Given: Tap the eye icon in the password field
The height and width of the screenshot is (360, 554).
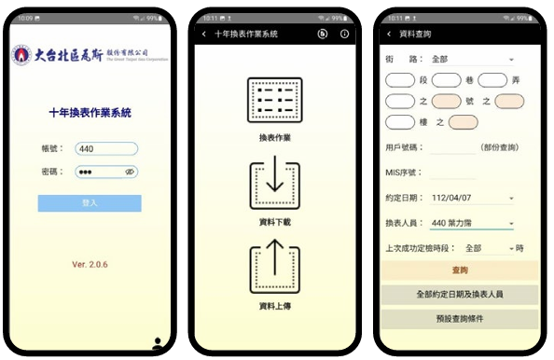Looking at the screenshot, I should pyautogui.click(x=131, y=172).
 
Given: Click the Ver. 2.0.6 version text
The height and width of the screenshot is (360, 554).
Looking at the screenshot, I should pyautogui.click(x=90, y=264).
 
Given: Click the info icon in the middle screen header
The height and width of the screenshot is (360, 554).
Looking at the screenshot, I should pyautogui.click(x=345, y=34).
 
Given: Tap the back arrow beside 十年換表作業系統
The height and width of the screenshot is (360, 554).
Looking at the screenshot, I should pyautogui.click(x=204, y=34).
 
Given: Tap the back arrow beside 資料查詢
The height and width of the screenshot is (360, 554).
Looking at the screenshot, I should pyautogui.click(x=389, y=35).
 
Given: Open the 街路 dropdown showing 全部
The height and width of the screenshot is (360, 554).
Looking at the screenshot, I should pyautogui.click(x=472, y=60).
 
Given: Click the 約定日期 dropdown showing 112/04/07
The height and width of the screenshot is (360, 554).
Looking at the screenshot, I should pyautogui.click(x=472, y=198).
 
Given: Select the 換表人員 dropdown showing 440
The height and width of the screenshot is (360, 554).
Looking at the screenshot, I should pyautogui.click(x=472, y=223).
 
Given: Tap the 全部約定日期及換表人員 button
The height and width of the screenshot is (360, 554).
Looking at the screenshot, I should pyautogui.click(x=460, y=294).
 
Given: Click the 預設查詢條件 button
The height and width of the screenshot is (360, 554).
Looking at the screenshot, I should pyautogui.click(x=460, y=319).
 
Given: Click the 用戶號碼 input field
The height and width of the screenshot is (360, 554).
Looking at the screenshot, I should pyautogui.click(x=452, y=147).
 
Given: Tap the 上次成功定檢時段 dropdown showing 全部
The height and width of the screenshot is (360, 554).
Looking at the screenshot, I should pyautogui.click(x=488, y=249).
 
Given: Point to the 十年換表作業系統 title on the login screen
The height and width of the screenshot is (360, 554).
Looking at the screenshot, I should pyautogui.click(x=90, y=113).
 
